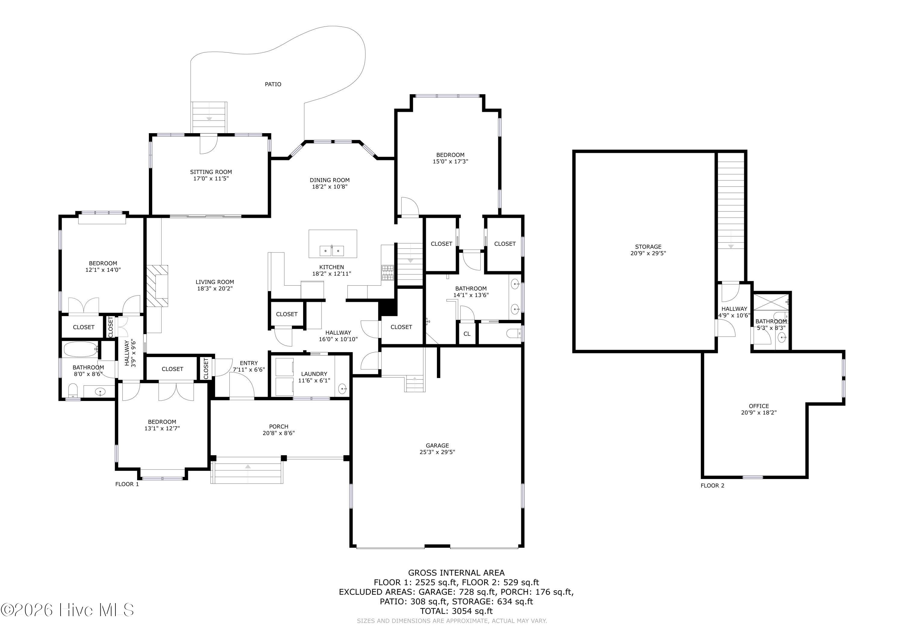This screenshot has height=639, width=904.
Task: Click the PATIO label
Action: tap(273, 84)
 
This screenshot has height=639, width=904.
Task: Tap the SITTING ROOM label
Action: tap(211, 172)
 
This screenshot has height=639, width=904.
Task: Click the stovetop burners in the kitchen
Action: tap(388, 273)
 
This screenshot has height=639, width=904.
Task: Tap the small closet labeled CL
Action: tap(467, 334)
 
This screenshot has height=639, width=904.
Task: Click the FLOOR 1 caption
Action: tap(127, 484)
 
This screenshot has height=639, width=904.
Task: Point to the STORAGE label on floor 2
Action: tap(648, 247)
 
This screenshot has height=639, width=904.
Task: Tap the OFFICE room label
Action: tap(759, 406)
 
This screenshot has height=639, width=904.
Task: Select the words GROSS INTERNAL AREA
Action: tap(456, 573)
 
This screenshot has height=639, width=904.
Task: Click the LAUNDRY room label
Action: tap(314, 374)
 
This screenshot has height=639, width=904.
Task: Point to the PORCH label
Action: tap(279, 426)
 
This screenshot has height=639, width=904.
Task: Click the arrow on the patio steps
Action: tap(209, 118)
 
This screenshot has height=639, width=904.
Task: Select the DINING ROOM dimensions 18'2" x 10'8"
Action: tap(330, 186)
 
